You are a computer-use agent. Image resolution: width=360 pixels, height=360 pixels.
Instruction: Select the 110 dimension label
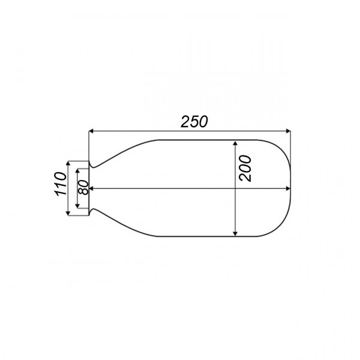59,185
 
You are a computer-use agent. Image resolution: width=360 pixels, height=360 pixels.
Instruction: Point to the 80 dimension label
84,187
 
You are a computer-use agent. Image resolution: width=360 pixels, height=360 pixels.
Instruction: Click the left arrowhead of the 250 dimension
92,130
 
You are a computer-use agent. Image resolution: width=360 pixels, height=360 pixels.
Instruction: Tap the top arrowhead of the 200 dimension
236,144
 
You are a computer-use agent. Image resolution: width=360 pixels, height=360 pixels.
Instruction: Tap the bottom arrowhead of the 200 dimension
236,232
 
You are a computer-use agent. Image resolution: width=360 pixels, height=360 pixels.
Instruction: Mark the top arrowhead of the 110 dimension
68,164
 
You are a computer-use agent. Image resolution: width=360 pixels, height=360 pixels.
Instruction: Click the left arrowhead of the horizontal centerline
92,188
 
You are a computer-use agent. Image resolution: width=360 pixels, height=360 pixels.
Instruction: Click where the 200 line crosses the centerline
236,188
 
